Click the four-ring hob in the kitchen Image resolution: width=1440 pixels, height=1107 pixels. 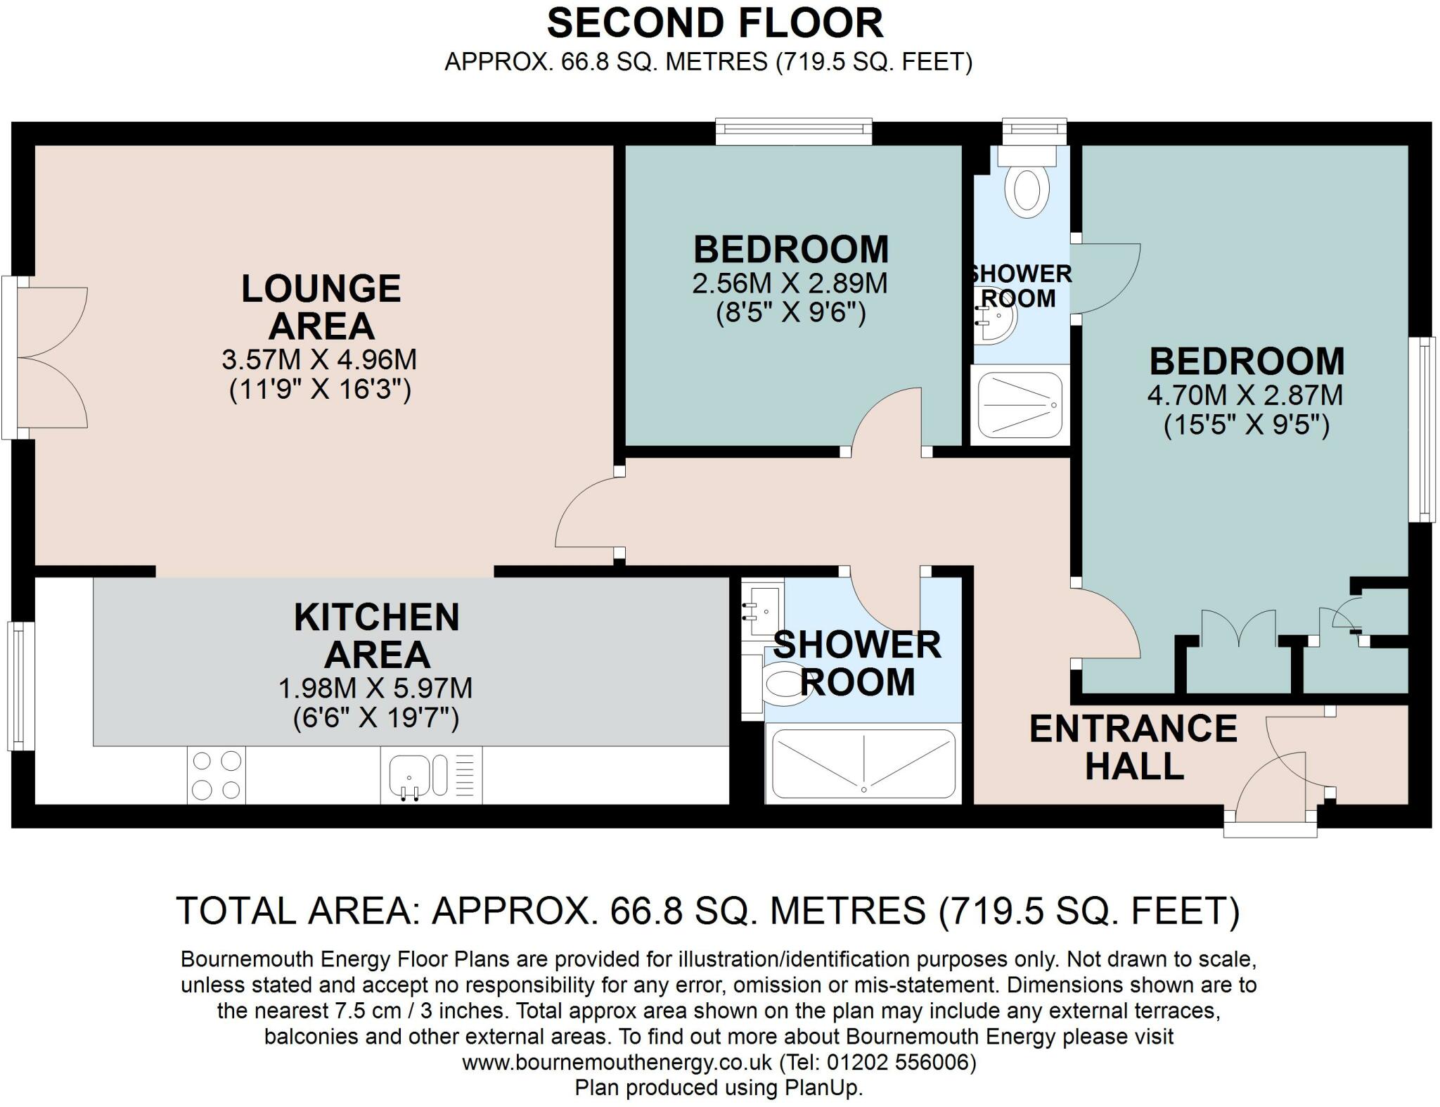216,775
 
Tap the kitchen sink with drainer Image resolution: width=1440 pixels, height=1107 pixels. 419,775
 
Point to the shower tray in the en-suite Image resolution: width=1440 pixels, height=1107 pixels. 1020,405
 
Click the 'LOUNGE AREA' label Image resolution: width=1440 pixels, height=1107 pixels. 321,307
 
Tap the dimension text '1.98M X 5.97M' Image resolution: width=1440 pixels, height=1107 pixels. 375,688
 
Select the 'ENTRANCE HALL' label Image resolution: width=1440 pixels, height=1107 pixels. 1133,747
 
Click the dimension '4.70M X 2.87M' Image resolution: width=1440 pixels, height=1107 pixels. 1245,395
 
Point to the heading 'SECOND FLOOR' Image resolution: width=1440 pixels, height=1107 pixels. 714,23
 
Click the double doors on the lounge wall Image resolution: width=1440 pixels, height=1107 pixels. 49,357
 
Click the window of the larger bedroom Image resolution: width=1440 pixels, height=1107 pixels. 1425,429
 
